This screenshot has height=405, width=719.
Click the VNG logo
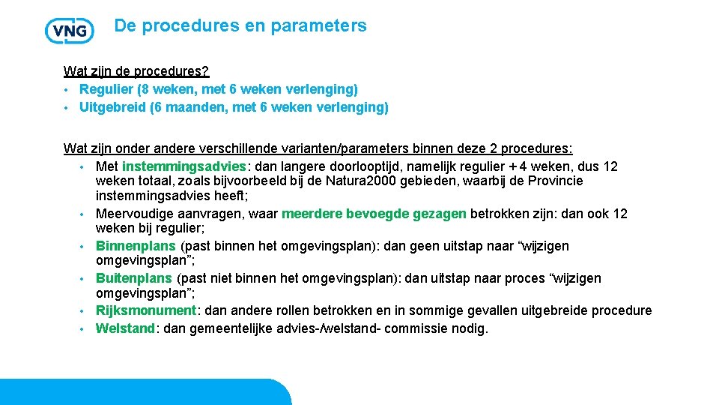[x=70, y=30]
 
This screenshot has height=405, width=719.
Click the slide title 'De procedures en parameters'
[x=240, y=26]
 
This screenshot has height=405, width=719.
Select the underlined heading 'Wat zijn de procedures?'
[x=136, y=71]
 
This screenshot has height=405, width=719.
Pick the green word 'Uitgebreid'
[x=113, y=107]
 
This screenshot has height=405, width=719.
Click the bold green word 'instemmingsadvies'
[x=183, y=166]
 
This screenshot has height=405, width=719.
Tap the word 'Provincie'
[x=555, y=181]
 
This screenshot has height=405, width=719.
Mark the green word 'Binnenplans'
[x=136, y=246]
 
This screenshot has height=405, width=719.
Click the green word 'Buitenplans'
[x=134, y=278]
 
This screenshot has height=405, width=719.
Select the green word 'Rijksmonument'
[x=145, y=310]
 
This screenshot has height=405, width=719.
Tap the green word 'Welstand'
[x=125, y=328]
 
